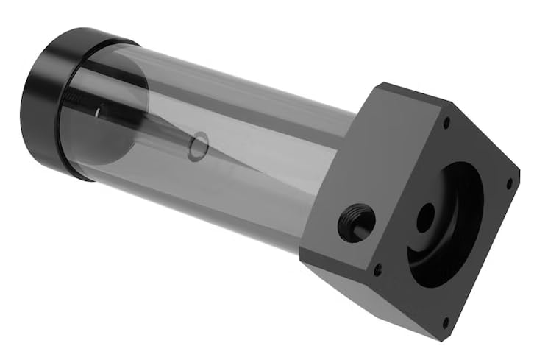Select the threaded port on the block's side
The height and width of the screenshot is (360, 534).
pyautogui.click(x=357, y=222)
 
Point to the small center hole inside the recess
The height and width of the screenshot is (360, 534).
pyautogui.click(x=425, y=219)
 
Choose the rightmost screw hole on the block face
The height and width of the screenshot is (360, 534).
pyautogui.click(x=508, y=183)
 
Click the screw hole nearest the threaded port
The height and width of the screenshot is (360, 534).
pyautogui.click(x=378, y=269)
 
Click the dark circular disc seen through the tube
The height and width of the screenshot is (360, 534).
pyautogui.click(x=110, y=121)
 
